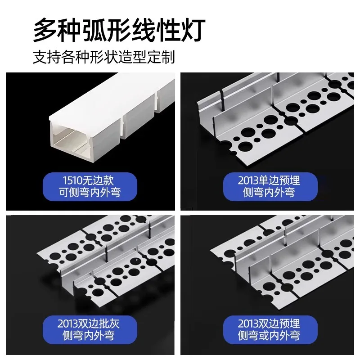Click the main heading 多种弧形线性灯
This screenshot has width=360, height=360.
tap(119, 31)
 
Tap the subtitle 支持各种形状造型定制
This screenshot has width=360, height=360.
tap(103, 58)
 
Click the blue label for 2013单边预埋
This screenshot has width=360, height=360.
tap(269, 187)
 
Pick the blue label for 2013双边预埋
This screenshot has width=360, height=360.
tap(269, 329)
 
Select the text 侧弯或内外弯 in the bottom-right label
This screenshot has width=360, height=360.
tap(269, 336)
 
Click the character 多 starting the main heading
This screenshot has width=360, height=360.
tap(45, 31)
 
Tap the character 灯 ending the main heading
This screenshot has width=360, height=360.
tap(194, 31)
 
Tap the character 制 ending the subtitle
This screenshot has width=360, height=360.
tap(169, 58)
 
